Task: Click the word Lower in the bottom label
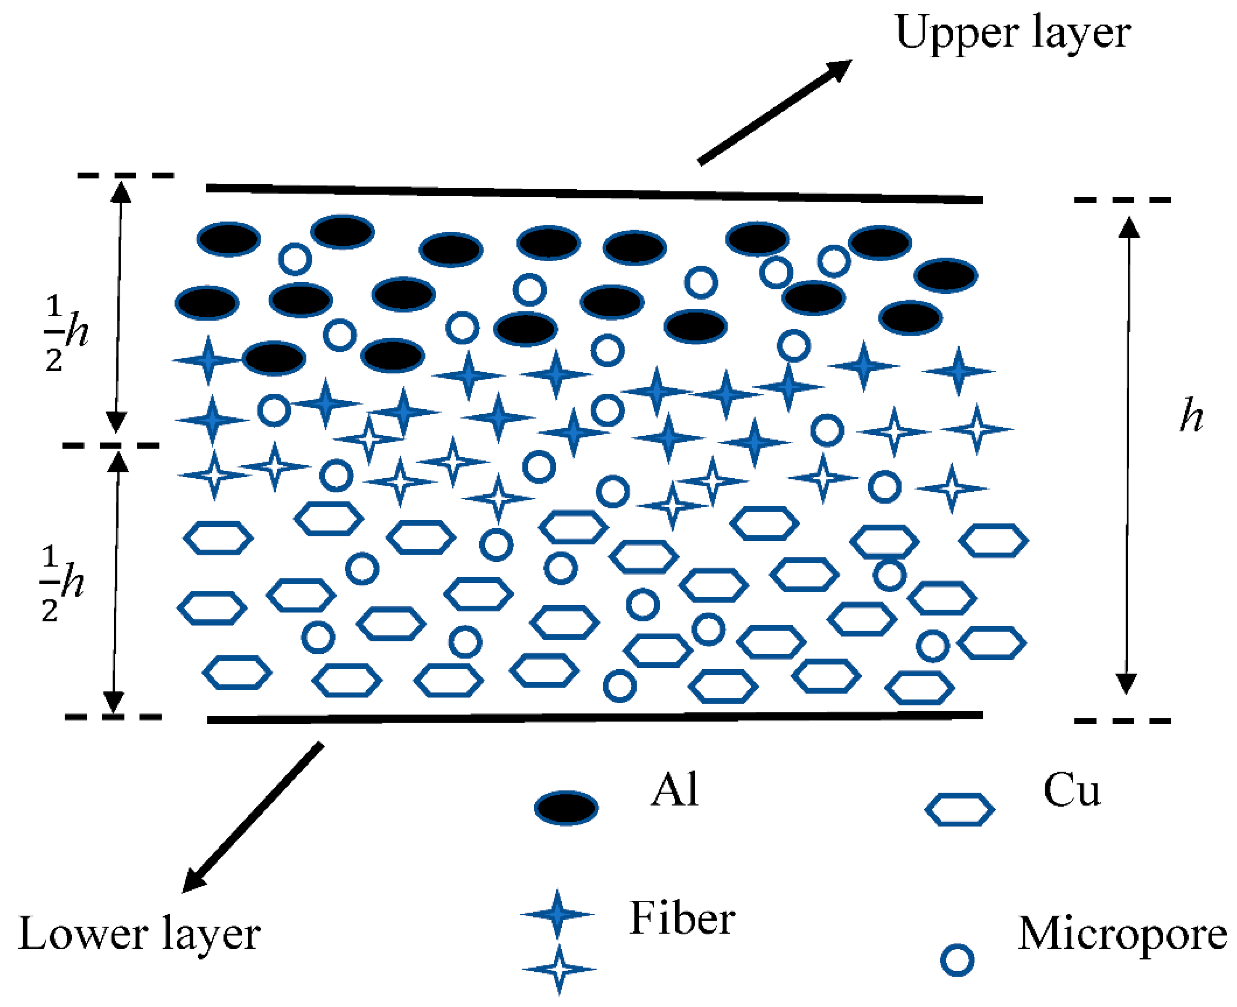point(84,933)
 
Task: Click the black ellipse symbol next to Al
point(566,807)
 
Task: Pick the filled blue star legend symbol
point(557,914)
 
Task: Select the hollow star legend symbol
point(559,969)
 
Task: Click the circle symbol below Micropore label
point(957,960)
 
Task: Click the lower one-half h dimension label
point(62,582)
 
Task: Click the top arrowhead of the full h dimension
point(1129,227)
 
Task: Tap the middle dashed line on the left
point(110,446)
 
